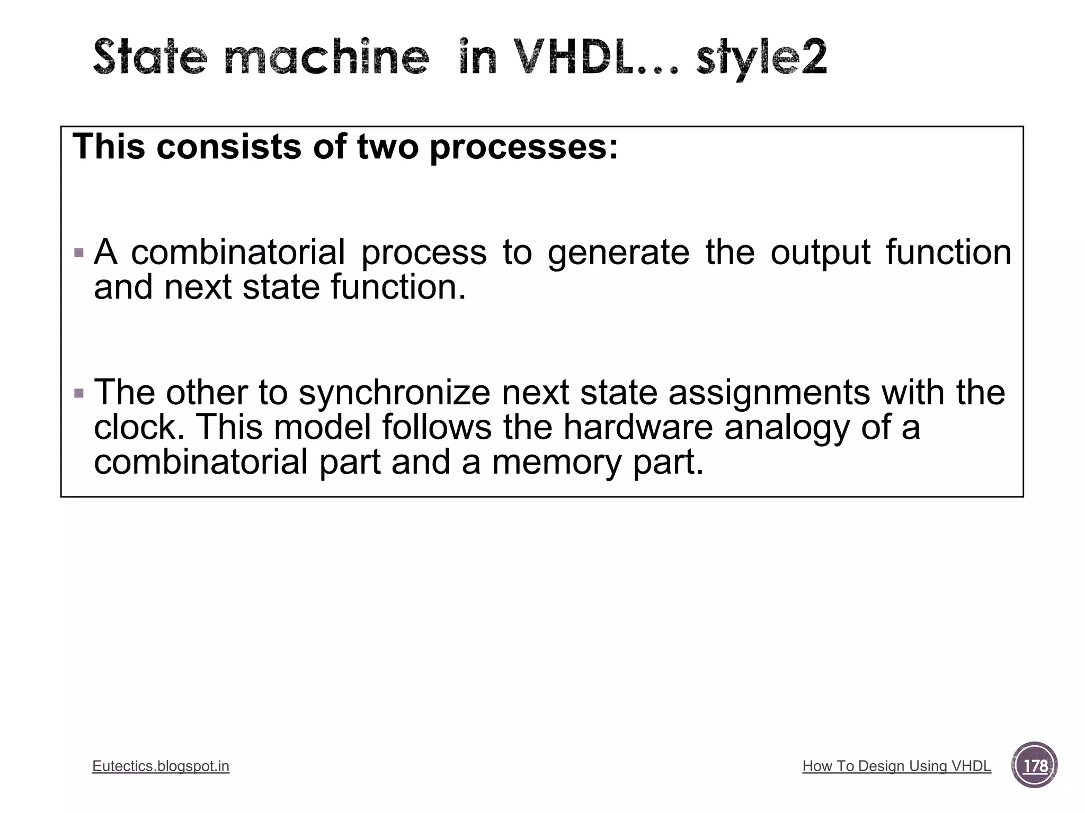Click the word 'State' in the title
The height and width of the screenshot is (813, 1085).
150,57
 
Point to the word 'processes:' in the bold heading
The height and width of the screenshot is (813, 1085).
523,147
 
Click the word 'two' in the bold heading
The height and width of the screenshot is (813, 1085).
388,147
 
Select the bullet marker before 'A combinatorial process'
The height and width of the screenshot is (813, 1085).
79,253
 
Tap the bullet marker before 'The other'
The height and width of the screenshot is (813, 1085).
79,393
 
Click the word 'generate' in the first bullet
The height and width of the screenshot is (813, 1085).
618,253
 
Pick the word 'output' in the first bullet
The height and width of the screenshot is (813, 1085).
820,253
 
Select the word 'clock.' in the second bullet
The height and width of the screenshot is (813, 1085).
139,427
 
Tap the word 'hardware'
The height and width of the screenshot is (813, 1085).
638,427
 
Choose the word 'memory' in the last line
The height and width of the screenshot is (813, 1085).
557,463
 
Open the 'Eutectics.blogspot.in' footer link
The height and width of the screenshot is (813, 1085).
161,766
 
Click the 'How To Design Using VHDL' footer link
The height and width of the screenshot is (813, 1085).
896,766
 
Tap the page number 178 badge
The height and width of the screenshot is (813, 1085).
1035,766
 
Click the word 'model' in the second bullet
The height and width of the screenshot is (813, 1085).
323,427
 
